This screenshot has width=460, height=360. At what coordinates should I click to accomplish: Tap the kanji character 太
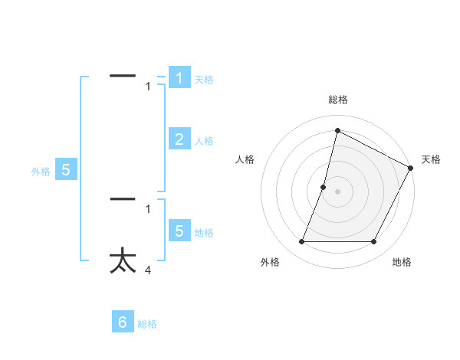tap(123, 260)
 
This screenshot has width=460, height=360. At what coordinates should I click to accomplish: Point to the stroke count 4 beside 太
tap(148, 270)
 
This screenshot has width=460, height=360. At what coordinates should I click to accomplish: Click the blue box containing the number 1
tap(179, 77)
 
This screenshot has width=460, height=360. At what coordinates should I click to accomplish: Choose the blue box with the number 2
tap(179, 139)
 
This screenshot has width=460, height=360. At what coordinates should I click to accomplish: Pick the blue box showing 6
tap(123, 322)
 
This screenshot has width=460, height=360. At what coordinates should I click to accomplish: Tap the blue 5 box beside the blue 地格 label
tap(179, 231)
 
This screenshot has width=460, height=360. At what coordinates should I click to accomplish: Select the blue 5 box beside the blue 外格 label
tap(66, 170)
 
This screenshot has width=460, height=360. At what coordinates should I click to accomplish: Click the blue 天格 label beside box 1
tap(204, 79)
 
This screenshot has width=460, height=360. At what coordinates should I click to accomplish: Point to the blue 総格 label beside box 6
tap(147, 324)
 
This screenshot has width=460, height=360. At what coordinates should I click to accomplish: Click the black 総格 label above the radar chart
tap(337, 100)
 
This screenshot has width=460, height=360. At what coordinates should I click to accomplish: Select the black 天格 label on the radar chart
tap(431, 159)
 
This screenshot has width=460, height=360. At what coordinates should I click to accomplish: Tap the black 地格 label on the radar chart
tap(402, 262)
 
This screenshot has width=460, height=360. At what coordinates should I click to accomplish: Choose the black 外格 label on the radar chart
tap(270, 262)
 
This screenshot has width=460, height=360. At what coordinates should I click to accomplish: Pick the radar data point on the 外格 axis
tap(301, 242)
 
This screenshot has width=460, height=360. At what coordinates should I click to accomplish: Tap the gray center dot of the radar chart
tap(337, 191)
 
